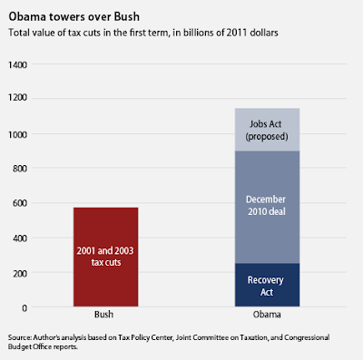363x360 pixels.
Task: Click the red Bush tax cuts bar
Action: [105, 257]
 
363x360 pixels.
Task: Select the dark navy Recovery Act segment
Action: [267, 285]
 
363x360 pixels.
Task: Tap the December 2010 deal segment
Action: [267, 207]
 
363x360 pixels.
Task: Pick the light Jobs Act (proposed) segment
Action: [267, 130]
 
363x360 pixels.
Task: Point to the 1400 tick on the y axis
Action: [17, 64]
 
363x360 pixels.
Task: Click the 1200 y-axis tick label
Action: [17, 98]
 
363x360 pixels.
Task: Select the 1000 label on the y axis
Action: [17, 134]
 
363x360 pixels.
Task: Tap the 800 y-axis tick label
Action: [20, 169]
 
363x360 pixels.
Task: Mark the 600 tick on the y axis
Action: [20, 203]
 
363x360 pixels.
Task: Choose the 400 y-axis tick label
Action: [20, 238]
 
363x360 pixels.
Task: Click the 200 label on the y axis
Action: [20, 273]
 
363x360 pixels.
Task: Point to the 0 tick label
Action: [25, 308]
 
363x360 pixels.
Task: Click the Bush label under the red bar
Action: [103, 315]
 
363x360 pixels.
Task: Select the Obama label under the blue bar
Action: [267, 315]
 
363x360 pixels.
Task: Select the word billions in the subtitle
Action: [195, 33]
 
